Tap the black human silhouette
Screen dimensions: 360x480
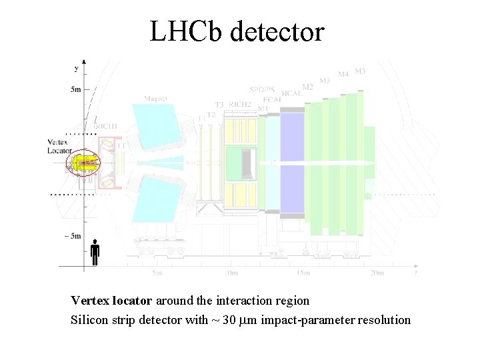click(x=95, y=252)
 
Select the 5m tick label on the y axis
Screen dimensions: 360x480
click(x=72, y=89)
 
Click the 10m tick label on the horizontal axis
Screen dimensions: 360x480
click(x=231, y=273)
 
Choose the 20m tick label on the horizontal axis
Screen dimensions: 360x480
click(x=377, y=273)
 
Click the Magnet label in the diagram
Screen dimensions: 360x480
click(x=156, y=99)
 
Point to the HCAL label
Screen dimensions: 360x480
click(x=292, y=94)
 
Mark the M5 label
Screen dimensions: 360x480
click(x=360, y=71)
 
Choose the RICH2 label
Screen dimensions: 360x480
click(x=240, y=104)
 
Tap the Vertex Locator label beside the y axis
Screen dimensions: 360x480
click(x=59, y=146)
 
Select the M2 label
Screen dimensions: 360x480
click(x=307, y=87)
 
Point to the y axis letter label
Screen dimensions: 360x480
click(x=77, y=68)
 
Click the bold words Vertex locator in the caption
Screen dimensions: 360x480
click(x=112, y=301)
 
